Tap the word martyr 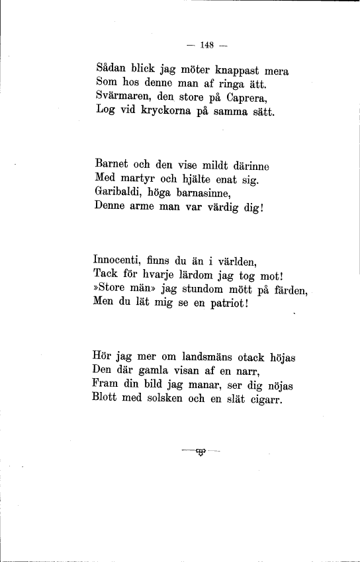(x=137, y=179)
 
